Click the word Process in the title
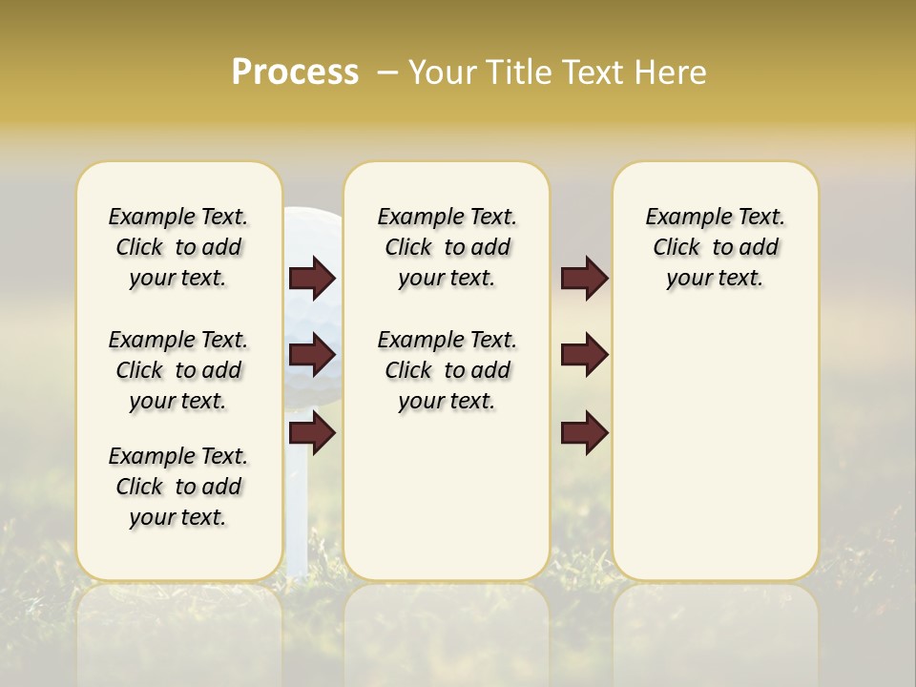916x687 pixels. (295, 73)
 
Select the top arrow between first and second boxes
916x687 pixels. (312, 279)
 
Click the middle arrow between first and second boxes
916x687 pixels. (312, 356)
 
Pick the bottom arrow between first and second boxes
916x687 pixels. (312, 434)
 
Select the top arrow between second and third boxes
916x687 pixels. (585, 279)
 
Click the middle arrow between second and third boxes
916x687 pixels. (585, 356)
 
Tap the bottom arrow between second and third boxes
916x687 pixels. (585, 434)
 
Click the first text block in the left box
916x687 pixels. (178, 247)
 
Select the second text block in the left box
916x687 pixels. (178, 370)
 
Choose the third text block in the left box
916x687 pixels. (178, 487)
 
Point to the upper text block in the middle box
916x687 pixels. (447, 247)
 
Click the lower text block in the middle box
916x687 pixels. (447, 370)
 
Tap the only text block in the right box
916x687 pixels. (715, 247)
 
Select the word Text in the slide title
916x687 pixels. (590, 73)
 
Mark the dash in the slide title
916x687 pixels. (387, 73)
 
